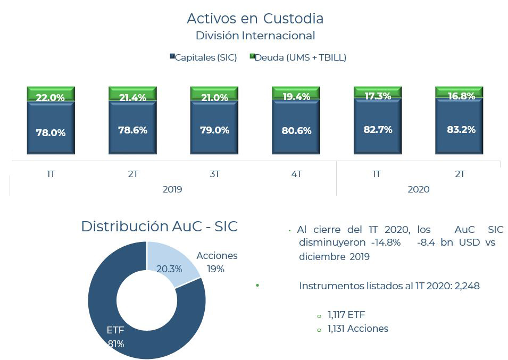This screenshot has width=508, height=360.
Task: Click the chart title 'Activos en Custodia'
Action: (x=255, y=18)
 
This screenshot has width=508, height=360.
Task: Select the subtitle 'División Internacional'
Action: (x=255, y=36)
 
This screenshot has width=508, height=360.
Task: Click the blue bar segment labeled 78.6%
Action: (x=132, y=130)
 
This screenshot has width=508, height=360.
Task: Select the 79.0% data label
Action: (x=214, y=130)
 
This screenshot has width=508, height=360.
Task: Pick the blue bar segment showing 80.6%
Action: (x=296, y=130)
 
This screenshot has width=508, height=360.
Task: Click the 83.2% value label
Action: (x=459, y=129)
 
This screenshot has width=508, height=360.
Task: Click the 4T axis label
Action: (x=296, y=174)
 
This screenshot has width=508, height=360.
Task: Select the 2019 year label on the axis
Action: (x=172, y=189)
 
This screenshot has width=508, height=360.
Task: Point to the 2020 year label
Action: (x=418, y=189)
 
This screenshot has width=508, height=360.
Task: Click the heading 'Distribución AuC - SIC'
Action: (x=159, y=226)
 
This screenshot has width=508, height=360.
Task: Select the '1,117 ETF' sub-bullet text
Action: (x=346, y=315)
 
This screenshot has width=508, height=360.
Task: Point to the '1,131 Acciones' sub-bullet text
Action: (x=357, y=329)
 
